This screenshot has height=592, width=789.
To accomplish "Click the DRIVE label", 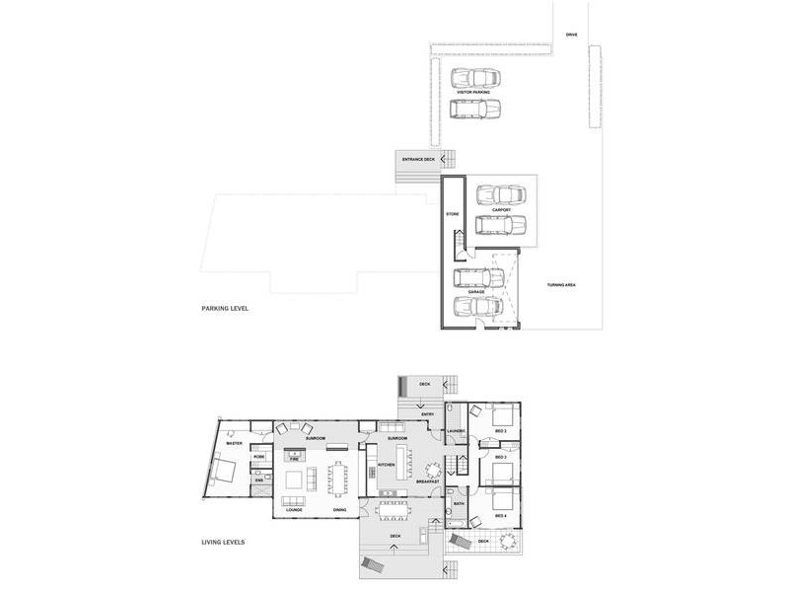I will click(572, 35).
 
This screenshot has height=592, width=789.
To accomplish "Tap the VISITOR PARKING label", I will click(472, 92).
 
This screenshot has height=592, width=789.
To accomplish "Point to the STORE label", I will click(453, 213).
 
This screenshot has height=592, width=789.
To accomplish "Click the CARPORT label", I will click(500, 209).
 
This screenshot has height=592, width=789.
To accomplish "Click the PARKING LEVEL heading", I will click(225, 309).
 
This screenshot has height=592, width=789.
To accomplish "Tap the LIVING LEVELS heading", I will click(223, 542).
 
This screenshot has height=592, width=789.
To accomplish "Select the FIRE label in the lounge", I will click(294, 458).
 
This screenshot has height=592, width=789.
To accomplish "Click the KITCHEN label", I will click(387, 464).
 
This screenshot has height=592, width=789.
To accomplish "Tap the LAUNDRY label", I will click(456, 431).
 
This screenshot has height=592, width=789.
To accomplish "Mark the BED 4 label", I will click(501, 516).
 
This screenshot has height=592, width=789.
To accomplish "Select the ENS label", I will click(259, 481).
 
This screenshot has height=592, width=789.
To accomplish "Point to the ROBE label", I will click(259, 457).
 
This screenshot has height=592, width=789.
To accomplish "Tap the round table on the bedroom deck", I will click(508, 541).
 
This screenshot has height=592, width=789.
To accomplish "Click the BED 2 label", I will click(501, 431).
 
